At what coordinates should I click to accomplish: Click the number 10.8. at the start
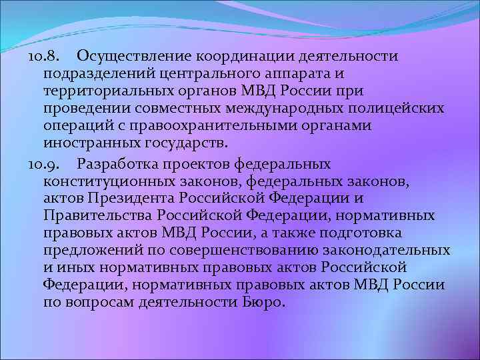coord(45,55)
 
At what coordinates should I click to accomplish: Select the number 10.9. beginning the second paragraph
coord(45,163)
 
